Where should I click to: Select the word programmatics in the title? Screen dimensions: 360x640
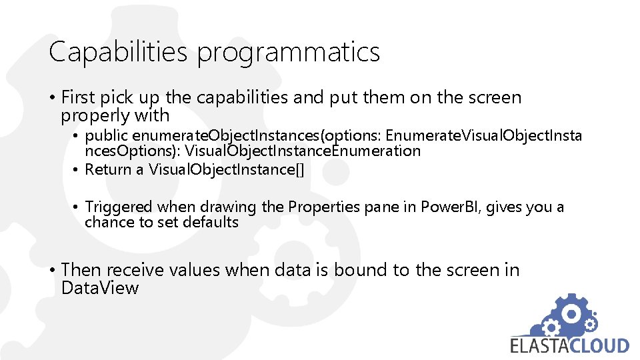tap(288, 53)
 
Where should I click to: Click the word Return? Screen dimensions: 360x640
tap(109, 169)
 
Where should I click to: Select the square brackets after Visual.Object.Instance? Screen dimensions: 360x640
tap(299, 169)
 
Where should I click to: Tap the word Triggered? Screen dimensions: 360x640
tap(119, 207)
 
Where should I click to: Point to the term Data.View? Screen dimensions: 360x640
tap(100, 288)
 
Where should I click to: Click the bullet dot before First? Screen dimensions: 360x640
tap(52, 98)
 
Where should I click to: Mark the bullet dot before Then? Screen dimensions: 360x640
tap(52, 271)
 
